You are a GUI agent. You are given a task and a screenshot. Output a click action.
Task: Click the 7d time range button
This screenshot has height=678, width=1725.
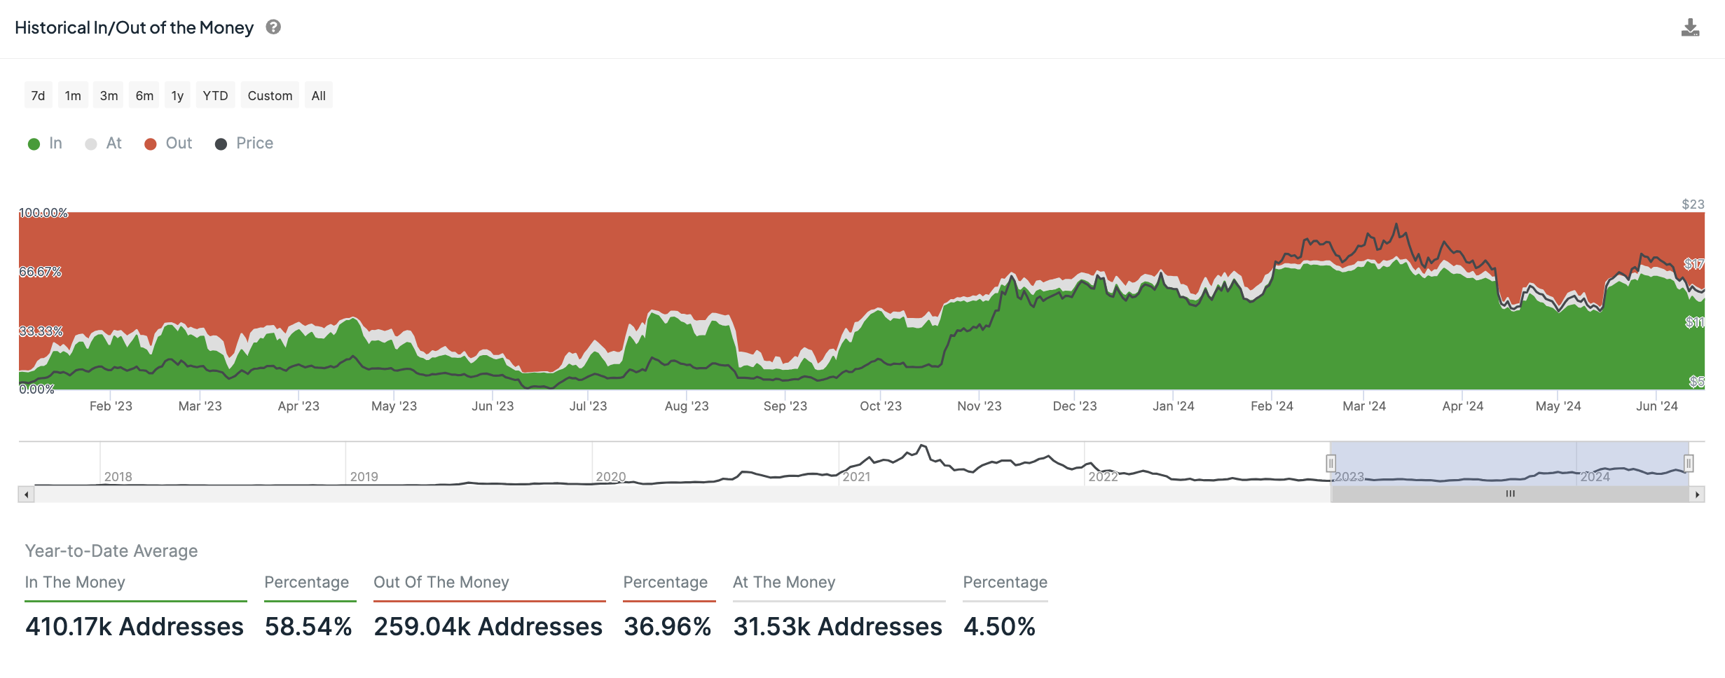pyautogui.click(x=38, y=96)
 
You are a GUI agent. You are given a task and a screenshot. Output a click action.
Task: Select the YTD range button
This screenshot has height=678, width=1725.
pyautogui.click(x=215, y=96)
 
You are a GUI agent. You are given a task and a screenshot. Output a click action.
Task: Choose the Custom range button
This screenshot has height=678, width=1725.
pyautogui.click(x=270, y=96)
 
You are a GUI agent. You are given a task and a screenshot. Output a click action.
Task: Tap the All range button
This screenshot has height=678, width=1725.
pyautogui.click(x=318, y=96)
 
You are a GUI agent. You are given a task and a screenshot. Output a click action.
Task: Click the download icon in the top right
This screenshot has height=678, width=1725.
pyautogui.click(x=1690, y=28)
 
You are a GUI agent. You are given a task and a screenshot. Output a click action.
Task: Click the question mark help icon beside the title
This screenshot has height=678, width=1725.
pyautogui.click(x=273, y=27)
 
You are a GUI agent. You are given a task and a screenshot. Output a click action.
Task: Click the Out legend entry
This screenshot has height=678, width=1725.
pyautogui.click(x=168, y=144)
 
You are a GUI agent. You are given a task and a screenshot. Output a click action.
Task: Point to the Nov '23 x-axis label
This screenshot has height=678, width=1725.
pyautogui.click(x=979, y=406)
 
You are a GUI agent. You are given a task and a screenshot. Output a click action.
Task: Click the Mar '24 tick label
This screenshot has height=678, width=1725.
pyautogui.click(x=1363, y=406)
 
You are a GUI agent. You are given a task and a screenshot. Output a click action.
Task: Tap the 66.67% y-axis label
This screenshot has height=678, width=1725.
pyautogui.click(x=41, y=272)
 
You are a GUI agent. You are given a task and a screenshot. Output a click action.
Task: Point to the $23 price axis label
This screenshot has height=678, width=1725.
pyautogui.click(x=1693, y=205)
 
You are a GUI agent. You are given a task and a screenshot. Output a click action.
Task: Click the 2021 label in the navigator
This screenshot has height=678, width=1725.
pyautogui.click(x=856, y=477)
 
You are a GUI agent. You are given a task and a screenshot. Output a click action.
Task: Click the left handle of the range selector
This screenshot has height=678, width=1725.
pyautogui.click(x=1331, y=463)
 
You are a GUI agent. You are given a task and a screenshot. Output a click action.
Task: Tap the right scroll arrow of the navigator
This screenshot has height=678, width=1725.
pyautogui.click(x=1697, y=494)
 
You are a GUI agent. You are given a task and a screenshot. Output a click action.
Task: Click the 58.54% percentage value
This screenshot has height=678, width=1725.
pyautogui.click(x=308, y=626)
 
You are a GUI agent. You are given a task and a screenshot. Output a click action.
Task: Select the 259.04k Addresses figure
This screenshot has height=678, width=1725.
pyautogui.click(x=488, y=626)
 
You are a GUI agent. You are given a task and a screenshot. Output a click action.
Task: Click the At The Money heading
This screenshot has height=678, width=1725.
pyautogui.click(x=784, y=582)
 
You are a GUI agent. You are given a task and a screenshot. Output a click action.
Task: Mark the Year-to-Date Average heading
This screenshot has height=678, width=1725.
pyautogui.click(x=111, y=551)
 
